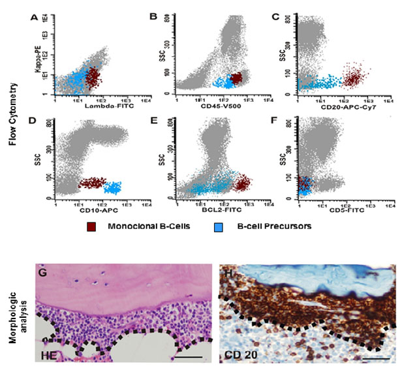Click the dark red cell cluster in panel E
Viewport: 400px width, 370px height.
pyautogui.click(x=241, y=183)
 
